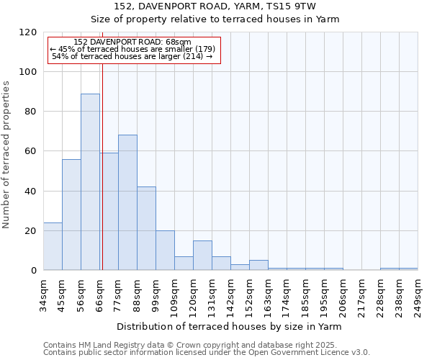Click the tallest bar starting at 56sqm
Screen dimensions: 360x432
coord(90,182)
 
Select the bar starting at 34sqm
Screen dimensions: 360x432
coord(53,246)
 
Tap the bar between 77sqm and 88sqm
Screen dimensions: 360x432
coord(127,202)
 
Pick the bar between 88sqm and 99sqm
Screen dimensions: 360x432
coord(146,228)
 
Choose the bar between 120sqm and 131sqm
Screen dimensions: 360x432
coord(202,256)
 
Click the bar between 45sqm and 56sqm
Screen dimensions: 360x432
coord(71,215)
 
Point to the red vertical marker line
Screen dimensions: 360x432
coord(102,180)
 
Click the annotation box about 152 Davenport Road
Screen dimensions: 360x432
coord(133,49)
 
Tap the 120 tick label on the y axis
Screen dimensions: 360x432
coord(28,32)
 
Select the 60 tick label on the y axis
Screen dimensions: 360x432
coord(31,151)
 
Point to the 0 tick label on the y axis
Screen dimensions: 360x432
coord(34,271)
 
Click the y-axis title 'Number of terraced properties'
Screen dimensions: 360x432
coord(7,154)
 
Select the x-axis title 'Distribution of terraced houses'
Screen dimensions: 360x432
coord(230,326)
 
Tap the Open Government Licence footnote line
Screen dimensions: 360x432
coord(207,353)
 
